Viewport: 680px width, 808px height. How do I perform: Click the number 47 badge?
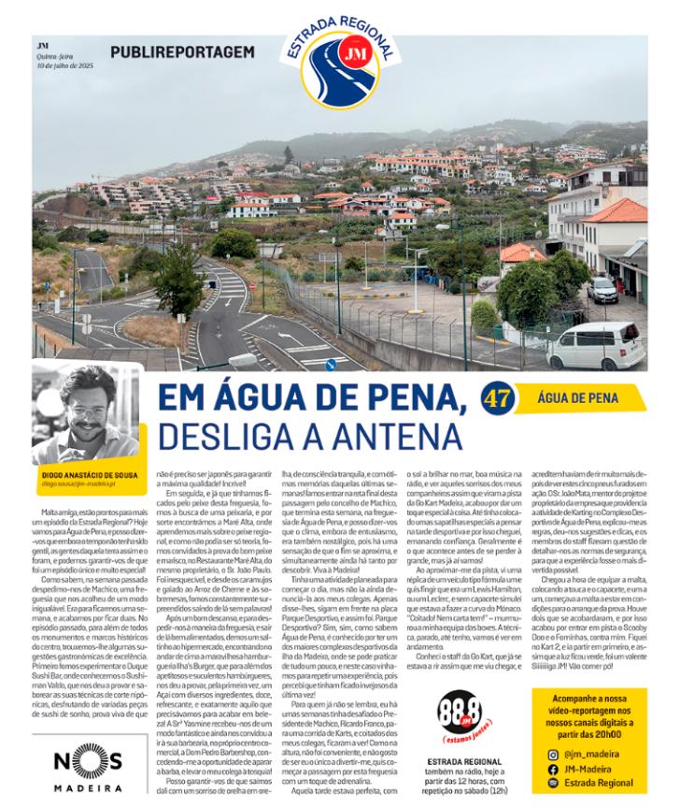point(495,397)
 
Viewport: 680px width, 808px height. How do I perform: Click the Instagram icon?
point(552,754)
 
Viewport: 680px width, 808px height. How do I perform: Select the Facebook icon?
point(552,769)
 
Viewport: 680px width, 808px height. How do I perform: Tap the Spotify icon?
point(552,784)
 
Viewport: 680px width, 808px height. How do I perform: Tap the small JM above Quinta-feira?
point(42,44)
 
